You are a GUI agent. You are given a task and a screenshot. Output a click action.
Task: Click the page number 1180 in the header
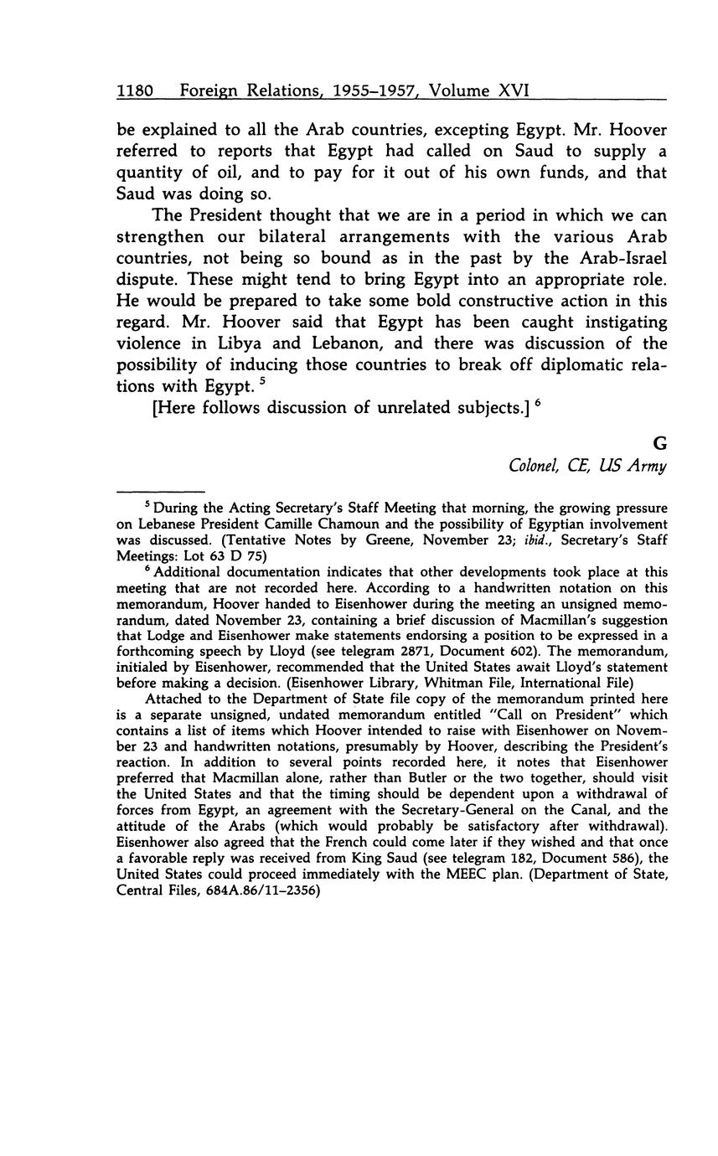click(134, 90)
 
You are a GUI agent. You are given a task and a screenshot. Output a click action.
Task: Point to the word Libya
click(218, 344)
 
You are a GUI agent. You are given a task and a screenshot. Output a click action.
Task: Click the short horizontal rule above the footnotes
click(161, 491)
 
